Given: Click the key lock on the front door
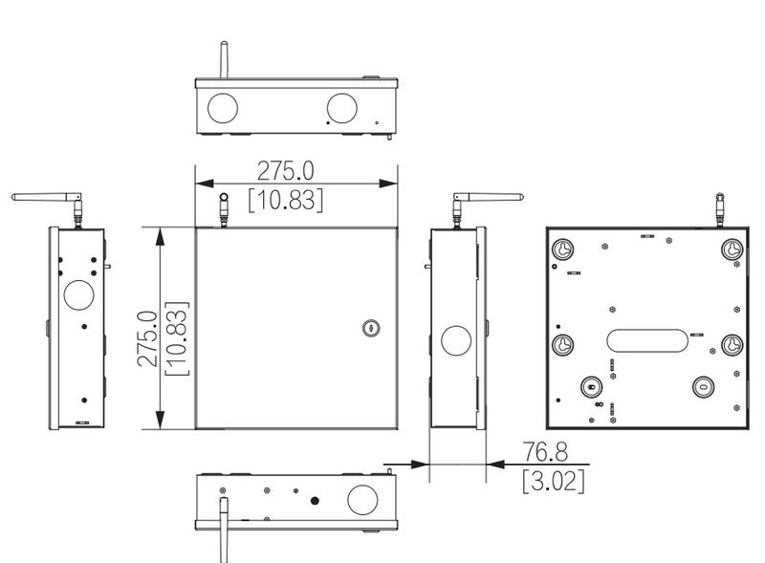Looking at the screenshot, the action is (x=371, y=328).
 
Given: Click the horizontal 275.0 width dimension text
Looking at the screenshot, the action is (x=285, y=171).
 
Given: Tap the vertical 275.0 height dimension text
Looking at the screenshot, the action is (x=148, y=338).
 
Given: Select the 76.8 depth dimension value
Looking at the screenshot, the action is (x=545, y=452).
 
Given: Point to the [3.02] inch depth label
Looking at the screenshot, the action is (x=554, y=481).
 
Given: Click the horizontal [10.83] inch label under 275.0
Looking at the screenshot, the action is (x=285, y=200).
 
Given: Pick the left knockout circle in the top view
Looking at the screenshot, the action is (x=223, y=108).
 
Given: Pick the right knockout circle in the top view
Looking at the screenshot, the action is (x=342, y=108).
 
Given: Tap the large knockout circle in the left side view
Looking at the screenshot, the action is (x=78, y=294).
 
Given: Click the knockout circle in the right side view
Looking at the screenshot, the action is (x=456, y=340).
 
